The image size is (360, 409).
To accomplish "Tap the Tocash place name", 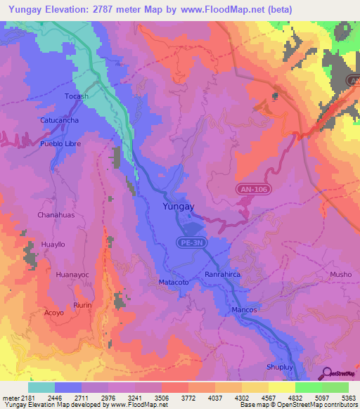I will [77, 96].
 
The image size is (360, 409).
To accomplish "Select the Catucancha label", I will [59, 120].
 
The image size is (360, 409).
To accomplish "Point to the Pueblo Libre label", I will [61, 143].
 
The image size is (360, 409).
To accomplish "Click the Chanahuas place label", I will [56, 214].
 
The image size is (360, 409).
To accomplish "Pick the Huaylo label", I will [53, 245].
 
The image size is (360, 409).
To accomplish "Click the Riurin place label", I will [83, 305].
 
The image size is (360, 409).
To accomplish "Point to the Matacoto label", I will [169, 282].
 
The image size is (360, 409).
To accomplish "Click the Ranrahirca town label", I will [223, 275].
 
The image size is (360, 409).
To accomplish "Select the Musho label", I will [340, 274].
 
